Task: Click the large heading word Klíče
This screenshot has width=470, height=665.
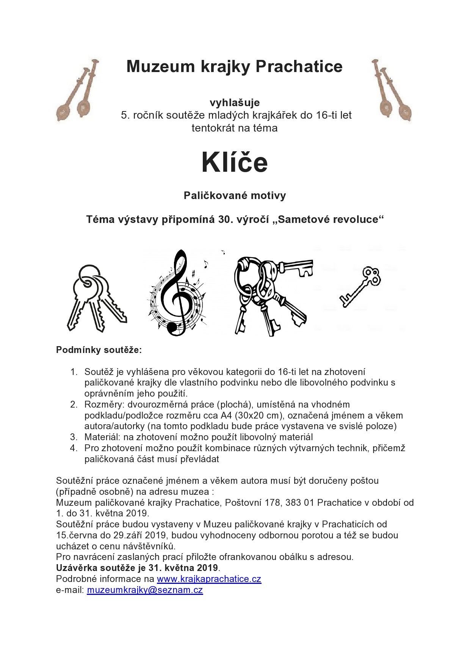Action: (x=235, y=163)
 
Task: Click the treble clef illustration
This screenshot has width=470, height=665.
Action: (x=177, y=294)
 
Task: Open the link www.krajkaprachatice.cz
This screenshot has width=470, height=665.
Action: (x=209, y=579)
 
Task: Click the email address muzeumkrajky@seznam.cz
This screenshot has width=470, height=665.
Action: (x=145, y=590)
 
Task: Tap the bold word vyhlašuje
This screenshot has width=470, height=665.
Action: (x=235, y=102)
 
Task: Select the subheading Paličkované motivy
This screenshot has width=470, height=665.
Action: (x=235, y=196)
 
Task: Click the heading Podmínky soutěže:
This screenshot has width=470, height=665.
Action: (x=99, y=350)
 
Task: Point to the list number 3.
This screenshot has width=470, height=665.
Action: (x=74, y=437)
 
